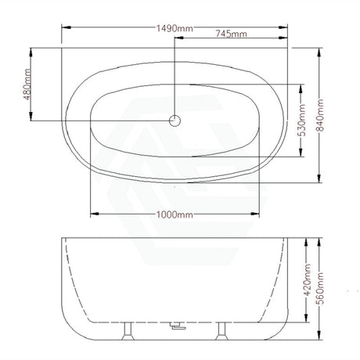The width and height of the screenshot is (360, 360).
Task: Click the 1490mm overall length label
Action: [175, 28]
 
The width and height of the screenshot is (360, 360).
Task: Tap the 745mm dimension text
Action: [231, 34]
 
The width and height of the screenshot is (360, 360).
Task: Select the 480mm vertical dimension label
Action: [27, 85]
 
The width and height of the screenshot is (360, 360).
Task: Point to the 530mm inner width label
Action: [301, 120]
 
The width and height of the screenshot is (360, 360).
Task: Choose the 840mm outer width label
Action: [320, 115]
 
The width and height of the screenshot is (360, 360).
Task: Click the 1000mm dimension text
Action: [175, 214]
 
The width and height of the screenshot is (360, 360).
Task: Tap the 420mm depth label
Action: [308, 279]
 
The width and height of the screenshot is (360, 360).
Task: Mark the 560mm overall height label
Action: [320, 288]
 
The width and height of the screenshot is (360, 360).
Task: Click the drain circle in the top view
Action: [175, 121]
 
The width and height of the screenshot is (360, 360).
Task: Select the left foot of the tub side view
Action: [128, 331]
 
